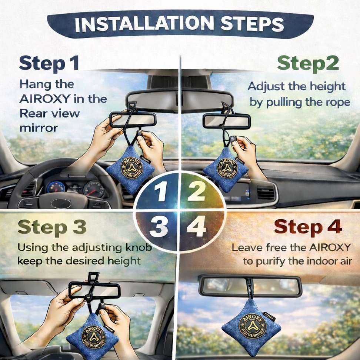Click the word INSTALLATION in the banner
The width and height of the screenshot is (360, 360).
tap(144, 24)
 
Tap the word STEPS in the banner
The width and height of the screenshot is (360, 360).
tap(252, 24)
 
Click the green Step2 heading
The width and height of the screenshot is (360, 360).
tap(308, 64)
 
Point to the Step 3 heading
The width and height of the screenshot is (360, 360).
tap(52, 227)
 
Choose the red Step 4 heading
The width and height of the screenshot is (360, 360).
tap(308, 227)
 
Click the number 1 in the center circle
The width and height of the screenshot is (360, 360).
tap(161, 191)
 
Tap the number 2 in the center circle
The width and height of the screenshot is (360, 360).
tap(196, 191)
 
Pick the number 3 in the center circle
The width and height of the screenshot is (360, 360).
tap(159, 227)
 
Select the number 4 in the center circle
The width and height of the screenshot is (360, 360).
tap(197, 227)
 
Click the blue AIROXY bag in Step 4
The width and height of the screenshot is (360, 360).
tap(251, 327)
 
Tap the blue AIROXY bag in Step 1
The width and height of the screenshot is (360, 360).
tap(130, 169)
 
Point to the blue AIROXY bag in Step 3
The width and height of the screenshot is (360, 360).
tap(92, 337)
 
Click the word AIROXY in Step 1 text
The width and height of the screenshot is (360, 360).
tap(44, 99)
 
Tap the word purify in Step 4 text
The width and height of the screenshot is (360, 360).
tap(270, 262)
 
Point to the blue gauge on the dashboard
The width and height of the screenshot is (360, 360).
tap(56, 187)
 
